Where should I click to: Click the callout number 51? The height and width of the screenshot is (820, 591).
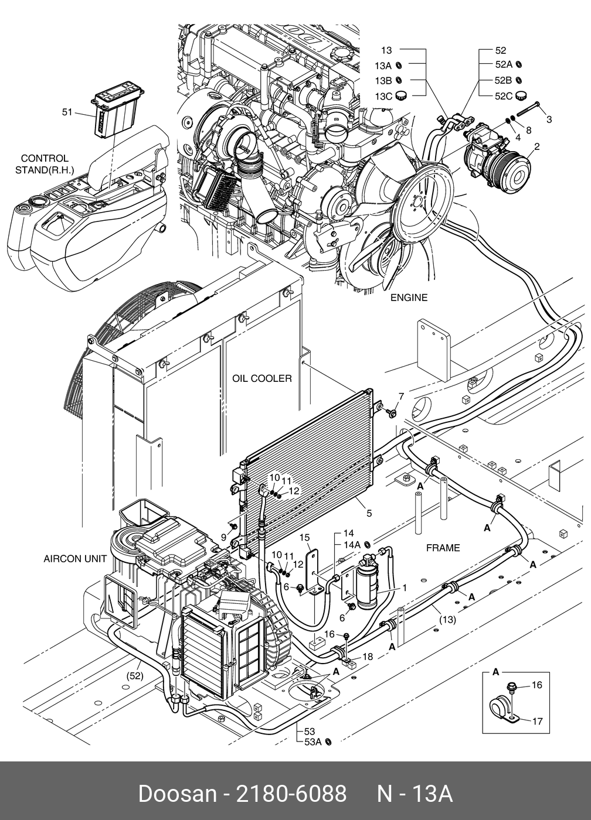(x=67, y=112)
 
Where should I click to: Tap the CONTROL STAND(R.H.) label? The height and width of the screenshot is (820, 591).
(x=45, y=164)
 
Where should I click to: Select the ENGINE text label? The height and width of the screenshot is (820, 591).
(x=409, y=298)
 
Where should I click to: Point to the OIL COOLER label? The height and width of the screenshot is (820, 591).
(x=262, y=378)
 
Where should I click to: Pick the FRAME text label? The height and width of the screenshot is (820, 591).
(x=443, y=548)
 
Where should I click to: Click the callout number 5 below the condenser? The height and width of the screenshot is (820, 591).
(x=369, y=513)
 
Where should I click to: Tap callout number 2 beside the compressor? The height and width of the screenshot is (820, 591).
(x=537, y=147)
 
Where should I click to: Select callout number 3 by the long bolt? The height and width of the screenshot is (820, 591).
(x=549, y=119)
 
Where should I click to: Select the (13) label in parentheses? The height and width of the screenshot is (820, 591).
(x=447, y=620)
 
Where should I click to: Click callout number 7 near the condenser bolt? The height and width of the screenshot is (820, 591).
(x=401, y=397)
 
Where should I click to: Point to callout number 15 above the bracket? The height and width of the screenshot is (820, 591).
(x=304, y=538)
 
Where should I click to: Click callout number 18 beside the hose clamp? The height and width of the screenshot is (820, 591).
(x=368, y=657)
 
